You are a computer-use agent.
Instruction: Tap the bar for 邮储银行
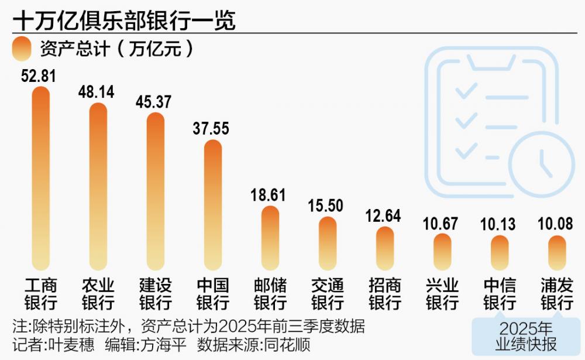pyautogui.click(x=270, y=238)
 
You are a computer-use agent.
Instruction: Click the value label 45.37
pyautogui.click(x=154, y=102)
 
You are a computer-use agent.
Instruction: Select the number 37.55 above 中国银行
pyautogui.click(x=212, y=129)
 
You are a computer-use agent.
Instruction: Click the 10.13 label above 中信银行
pyautogui.click(x=499, y=224)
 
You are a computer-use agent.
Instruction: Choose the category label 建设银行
pyautogui.click(x=155, y=294)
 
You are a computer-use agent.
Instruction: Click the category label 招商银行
pyautogui.click(x=384, y=294)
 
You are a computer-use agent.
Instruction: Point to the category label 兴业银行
pyautogui.click(x=442, y=294)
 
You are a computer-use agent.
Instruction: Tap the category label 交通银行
pyautogui.click(x=327, y=294)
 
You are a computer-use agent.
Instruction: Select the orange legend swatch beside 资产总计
pyautogui.click(x=22, y=49)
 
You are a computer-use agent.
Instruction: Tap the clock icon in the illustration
pyautogui.click(x=541, y=162)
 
